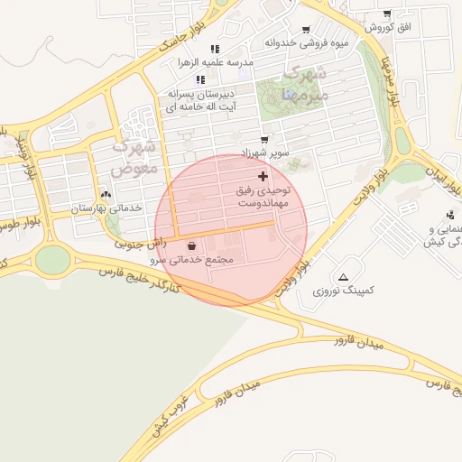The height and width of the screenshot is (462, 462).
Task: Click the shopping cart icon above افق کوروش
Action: point(387,14)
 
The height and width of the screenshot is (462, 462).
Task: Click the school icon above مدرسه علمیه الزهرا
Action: point(215,49)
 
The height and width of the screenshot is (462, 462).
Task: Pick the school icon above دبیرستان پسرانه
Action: point(200,79)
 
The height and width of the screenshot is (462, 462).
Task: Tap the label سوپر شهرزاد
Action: point(264,153)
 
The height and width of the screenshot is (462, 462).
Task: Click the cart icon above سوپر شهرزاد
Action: point(264,140)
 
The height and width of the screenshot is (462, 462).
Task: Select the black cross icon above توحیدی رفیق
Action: point(263,176)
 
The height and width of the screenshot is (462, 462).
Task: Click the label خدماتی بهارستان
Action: point(107,208)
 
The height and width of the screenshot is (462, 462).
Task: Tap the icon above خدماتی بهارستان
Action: point(107,193)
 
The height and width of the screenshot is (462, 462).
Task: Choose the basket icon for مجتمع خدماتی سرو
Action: point(191,245)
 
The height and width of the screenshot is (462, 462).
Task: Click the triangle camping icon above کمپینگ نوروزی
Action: point(343,276)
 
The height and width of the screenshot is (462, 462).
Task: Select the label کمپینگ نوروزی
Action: point(342,291)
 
